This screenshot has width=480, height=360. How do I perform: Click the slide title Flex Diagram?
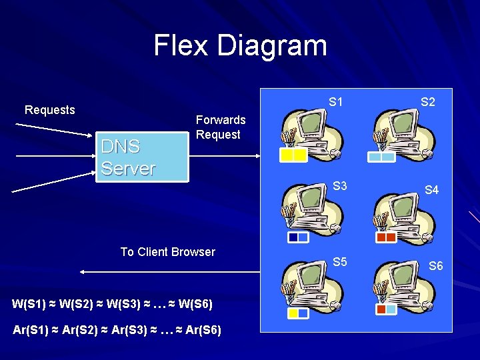coord(240,45)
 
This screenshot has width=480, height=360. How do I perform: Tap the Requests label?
coord(50,110)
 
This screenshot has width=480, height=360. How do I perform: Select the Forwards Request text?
coord(220,127)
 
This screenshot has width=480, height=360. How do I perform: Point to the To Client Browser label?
coord(167,252)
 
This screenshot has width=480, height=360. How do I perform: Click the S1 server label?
coord(336,103)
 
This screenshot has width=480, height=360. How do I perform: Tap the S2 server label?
coord(428,103)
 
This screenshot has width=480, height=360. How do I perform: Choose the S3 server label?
coord(340,186)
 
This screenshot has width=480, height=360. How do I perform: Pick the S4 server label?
coord(431,190)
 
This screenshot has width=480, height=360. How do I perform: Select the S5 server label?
coord(340,262)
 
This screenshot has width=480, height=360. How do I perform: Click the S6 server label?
coord(435,266)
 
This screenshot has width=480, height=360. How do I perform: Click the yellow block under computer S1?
coord(293,155)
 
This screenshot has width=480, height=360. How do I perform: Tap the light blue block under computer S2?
coord(382,157)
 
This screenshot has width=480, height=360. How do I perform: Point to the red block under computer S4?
coord(386,237)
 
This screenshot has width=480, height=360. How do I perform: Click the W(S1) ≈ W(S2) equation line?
coord(113,305)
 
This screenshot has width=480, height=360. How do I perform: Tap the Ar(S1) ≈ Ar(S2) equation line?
coord(117,330)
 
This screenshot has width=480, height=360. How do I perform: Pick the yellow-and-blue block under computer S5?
coord(298,313)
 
